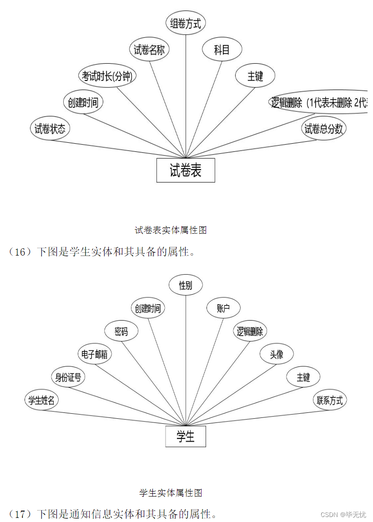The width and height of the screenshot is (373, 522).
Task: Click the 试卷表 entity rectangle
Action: [186, 171]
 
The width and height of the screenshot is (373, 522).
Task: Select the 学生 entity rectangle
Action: [186, 437]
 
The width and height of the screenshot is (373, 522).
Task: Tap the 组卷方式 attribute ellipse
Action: [186, 23]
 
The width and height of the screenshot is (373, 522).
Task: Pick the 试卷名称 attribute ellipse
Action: [149, 50]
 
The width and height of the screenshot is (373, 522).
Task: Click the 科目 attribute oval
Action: [222, 50]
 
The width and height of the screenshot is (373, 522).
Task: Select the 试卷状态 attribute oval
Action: [50, 129]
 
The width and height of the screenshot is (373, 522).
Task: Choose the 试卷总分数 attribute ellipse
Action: [323, 129]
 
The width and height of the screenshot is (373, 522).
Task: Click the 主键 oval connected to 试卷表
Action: [255, 76]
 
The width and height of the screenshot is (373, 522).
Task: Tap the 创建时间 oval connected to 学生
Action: [148, 309]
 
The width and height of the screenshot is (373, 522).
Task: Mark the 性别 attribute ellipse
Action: [186, 285]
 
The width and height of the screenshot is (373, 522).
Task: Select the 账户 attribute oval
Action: [223, 309]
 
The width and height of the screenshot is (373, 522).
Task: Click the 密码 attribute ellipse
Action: [121, 331]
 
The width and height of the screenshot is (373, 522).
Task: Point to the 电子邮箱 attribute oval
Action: [95, 354]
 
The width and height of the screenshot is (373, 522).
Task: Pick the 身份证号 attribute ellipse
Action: [68, 377]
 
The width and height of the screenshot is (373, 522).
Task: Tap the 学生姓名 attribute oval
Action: [41, 400]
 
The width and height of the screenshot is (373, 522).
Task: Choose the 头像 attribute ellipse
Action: [277, 354]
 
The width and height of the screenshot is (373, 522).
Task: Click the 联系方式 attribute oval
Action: [330, 400]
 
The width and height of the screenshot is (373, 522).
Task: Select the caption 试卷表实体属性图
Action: [171, 230]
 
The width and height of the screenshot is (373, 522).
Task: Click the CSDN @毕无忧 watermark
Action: [343, 514]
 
